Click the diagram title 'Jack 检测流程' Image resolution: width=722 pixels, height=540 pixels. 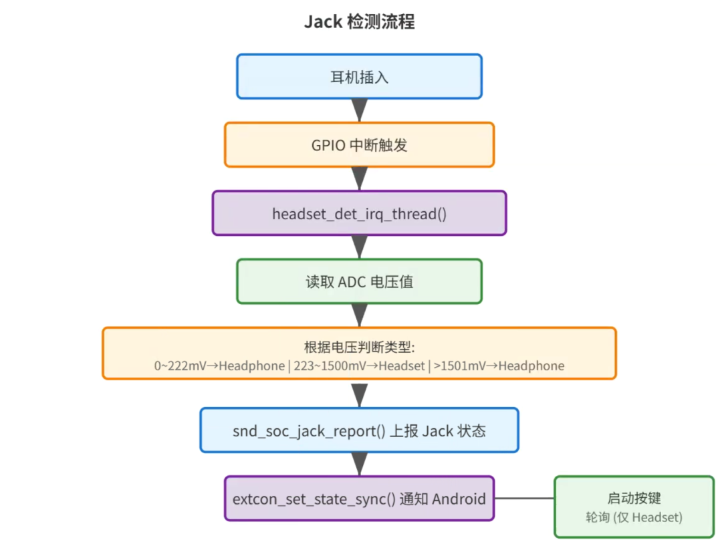(359, 21)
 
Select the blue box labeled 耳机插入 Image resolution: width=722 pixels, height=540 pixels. (359, 76)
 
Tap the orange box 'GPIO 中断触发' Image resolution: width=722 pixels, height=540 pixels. (359, 144)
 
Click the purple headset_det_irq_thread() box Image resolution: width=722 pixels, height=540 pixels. (359, 213)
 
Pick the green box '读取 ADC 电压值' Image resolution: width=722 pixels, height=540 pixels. (359, 281)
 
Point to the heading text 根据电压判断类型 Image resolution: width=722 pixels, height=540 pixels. (359, 347)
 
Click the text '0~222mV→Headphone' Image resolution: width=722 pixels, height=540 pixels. (219, 366)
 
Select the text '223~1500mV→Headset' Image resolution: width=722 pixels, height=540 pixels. (359, 366)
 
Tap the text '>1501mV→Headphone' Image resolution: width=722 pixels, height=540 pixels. (499, 366)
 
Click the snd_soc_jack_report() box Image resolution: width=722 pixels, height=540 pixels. (359, 430)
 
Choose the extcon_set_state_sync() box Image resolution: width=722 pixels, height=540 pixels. (359, 499)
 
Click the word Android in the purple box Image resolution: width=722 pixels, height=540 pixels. (459, 499)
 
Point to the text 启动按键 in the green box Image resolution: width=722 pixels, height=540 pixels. (634, 498)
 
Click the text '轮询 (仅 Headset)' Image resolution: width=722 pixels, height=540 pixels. (634, 517)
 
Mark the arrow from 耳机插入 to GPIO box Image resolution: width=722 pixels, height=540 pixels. (359, 110)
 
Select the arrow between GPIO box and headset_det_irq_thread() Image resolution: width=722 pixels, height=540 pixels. (359, 178)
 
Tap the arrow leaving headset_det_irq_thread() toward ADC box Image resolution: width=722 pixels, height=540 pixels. (359, 247)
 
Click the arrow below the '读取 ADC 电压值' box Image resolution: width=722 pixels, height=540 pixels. (359, 315)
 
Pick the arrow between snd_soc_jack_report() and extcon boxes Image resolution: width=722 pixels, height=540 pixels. (359, 464)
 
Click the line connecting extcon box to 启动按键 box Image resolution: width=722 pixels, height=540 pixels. (525, 498)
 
